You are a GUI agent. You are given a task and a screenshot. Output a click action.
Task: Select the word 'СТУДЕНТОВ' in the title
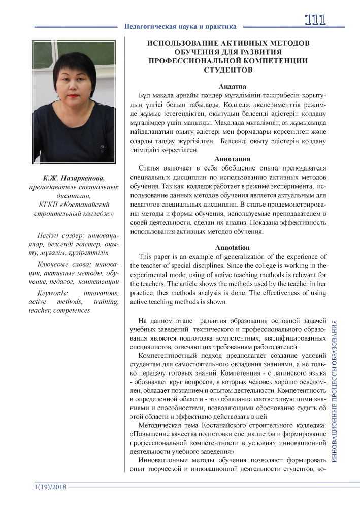tap(228, 70)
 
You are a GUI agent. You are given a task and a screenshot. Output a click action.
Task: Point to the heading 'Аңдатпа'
tap(228, 86)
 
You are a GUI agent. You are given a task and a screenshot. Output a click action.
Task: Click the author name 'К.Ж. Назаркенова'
tap(74, 178)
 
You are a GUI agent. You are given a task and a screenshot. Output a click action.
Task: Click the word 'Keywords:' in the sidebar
tap(53, 294)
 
